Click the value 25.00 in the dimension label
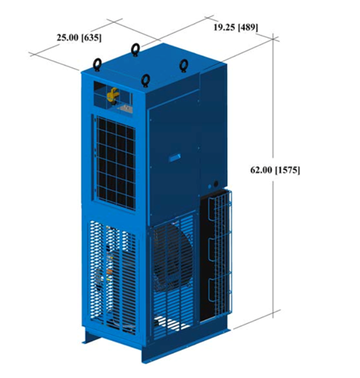click(x=67, y=38)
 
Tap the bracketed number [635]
click(x=92, y=38)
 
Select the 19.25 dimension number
click(x=224, y=27)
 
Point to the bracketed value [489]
click(x=248, y=27)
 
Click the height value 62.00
click(x=261, y=170)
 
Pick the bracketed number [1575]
click(x=288, y=170)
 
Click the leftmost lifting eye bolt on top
click(x=98, y=64)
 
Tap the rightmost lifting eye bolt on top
click(x=184, y=66)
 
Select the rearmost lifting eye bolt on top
click(x=135, y=50)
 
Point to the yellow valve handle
click(x=113, y=95)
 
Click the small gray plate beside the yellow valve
click(x=125, y=109)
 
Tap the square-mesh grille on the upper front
click(x=116, y=163)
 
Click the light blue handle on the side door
click(x=175, y=158)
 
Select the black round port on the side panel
click(x=216, y=183)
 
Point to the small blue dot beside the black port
click(x=210, y=186)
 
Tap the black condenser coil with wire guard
click(x=216, y=255)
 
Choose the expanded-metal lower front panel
click(x=113, y=276)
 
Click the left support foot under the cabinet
click(x=91, y=335)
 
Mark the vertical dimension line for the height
click(x=273, y=176)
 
